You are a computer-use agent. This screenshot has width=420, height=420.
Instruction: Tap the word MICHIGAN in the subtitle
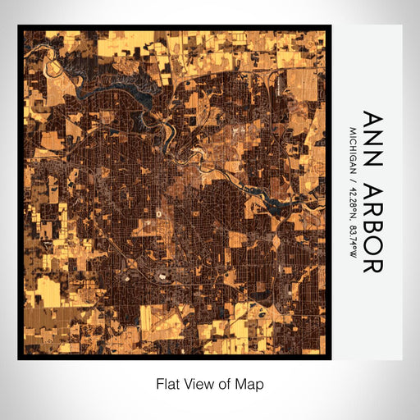(x=354, y=153)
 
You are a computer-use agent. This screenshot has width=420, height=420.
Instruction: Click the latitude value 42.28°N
(x=354, y=207)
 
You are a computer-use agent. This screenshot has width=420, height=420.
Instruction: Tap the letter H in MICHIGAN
(x=354, y=150)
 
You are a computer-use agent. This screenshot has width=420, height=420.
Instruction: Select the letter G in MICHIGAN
(x=354, y=159)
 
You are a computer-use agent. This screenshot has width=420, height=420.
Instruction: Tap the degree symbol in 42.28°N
(x=354, y=220)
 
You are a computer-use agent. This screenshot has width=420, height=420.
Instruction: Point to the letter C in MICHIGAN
(x=354, y=143)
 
